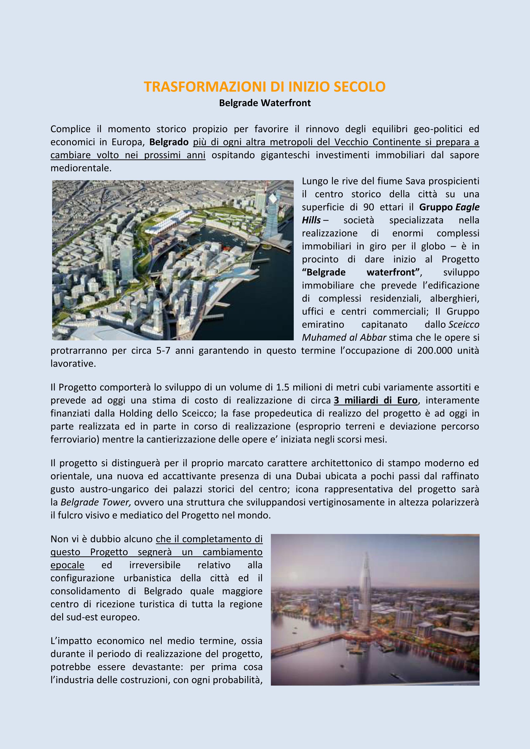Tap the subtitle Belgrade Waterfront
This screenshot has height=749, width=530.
click(x=265, y=103)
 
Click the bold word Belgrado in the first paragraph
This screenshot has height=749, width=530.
click(x=169, y=142)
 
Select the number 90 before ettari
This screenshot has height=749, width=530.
click(x=369, y=207)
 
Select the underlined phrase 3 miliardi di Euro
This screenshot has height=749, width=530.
click(x=376, y=400)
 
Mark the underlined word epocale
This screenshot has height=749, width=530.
click(x=67, y=565)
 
